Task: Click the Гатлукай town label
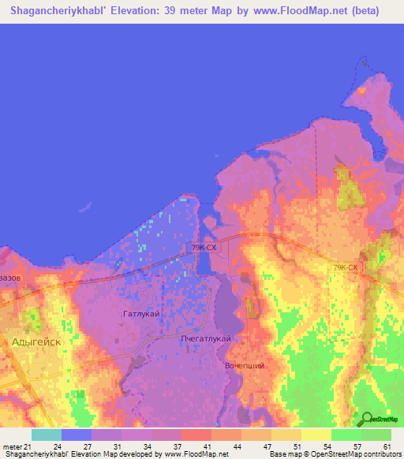coord(142,314)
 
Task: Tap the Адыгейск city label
coord(36,341)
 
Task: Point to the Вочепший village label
coord(243,366)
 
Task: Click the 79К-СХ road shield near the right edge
coord(345,268)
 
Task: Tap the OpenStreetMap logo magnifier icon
coord(365,419)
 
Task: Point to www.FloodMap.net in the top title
coord(309,11)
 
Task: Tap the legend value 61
coord(386,446)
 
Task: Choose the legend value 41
coord(206,446)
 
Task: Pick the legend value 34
coord(146,446)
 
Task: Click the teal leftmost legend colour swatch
coord(47,435)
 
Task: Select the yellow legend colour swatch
coord(316,435)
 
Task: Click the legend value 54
coord(326,446)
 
